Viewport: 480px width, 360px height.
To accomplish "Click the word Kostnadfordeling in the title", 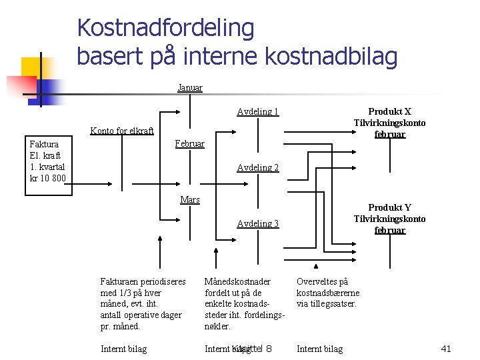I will click(x=165, y=28).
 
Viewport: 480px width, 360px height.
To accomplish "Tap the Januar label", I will click(x=190, y=87).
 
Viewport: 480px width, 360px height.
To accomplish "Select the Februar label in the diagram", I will click(x=189, y=144).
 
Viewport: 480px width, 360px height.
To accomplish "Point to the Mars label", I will click(x=190, y=199).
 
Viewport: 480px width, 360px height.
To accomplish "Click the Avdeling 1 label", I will click(x=257, y=112).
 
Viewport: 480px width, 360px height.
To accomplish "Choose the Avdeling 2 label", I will click(x=257, y=167).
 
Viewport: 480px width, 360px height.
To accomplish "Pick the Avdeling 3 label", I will click(x=257, y=223).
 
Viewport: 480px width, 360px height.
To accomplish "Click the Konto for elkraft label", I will click(x=122, y=131).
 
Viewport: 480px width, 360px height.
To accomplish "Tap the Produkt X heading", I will click(x=389, y=111).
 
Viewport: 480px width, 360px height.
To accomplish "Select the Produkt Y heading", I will click(x=389, y=207).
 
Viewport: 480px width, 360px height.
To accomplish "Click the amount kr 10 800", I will click(x=48, y=178).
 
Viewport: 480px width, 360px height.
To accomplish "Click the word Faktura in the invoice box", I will click(x=44, y=144).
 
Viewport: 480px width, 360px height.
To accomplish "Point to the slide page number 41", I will click(x=446, y=348).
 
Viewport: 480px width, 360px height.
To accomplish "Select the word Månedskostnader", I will click(x=237, y=281).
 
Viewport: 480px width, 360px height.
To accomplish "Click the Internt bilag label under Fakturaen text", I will click(x=123, y=349).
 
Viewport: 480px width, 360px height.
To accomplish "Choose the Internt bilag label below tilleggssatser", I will click(x=319, y=349).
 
